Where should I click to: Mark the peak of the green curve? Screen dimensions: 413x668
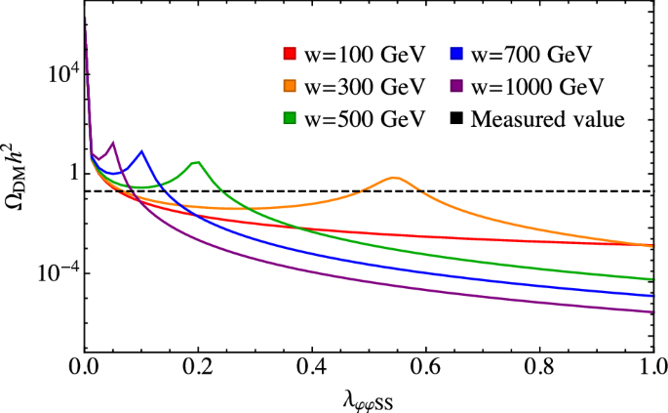pos(198,162)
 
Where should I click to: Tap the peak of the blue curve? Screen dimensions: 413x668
pos(142,151)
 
